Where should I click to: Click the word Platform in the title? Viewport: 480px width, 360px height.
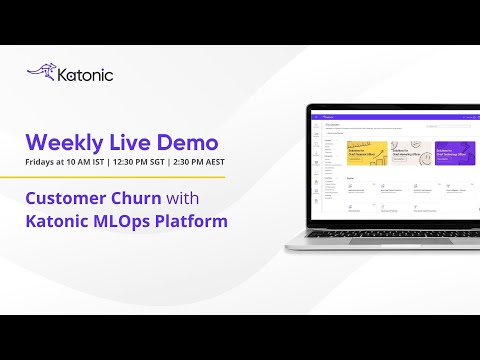[194, 220]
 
